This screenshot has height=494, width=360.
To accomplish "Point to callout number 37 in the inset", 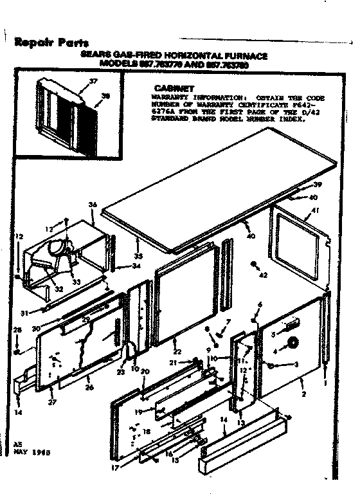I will click(x=93, y=81).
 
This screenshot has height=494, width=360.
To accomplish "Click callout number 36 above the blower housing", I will click(x=93, y=205).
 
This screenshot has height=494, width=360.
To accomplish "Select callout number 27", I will click(x=51, y=403).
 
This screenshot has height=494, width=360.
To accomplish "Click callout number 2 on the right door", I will click(x=313, y=394).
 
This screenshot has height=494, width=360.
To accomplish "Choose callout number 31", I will click(x=24, y=313).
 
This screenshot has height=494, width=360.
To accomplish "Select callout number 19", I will click(x=138, y=411).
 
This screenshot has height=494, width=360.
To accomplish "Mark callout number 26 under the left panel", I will click(x=89, y=387).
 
